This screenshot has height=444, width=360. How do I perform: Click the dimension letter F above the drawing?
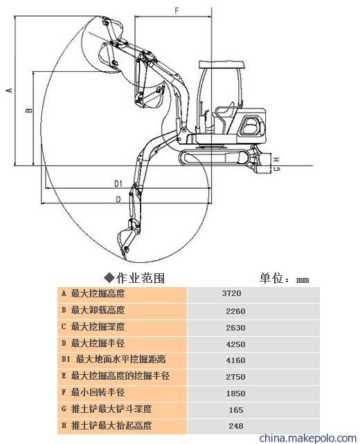point(177,11)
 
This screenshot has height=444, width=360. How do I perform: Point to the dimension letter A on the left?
point(10,90)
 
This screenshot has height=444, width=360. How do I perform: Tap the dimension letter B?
point(29,110)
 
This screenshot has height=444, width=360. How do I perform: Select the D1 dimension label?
point(118,184)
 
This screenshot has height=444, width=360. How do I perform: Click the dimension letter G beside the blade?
point(277,169)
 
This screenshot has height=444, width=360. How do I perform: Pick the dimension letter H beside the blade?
point(277,160)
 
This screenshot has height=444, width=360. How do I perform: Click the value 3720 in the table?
point(232,293)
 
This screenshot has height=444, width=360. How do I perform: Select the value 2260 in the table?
point(235,311)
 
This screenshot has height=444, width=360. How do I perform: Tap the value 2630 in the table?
point(235,328)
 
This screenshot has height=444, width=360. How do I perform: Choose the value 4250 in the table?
point(235,344)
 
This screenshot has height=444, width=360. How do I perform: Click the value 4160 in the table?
point(235,360)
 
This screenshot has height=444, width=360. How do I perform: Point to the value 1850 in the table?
point(235,394)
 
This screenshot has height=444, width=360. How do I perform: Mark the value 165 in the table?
point(236,409)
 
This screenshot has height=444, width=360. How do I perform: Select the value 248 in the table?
point(236,425)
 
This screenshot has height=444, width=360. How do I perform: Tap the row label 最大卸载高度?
point(98,310)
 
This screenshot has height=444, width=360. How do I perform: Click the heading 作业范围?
point(141,278)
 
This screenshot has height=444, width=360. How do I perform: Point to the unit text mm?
point(303,280)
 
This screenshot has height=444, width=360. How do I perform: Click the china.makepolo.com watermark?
point(308,438)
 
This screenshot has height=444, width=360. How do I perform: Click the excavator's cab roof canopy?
point(222,64)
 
